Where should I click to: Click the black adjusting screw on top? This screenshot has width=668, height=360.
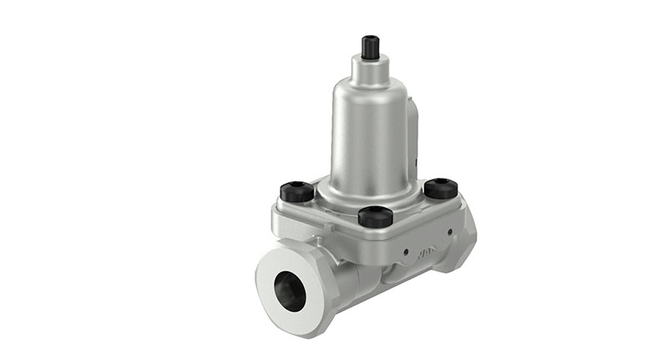(x=371, y=47)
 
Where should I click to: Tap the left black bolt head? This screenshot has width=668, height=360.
(x=297, y=192)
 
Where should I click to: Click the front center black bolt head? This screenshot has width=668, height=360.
(x=375, y=216)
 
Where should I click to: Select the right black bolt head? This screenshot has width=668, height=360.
(x=440, y=188)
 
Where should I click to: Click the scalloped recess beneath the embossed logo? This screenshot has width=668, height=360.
(x=401, y=271)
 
